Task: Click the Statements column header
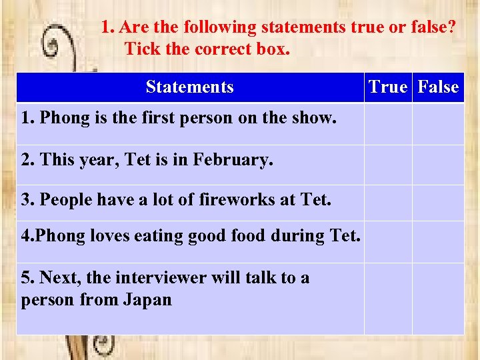[x=190, y=87]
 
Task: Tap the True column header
[x=388, y=87]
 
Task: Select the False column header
[x=438, y=87]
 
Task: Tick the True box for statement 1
[x=388, y=123]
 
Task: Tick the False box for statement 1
[x=438, y=123]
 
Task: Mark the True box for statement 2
[x=388, y=165]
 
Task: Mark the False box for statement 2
[x=438, y=165]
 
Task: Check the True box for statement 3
[x=388, y=203]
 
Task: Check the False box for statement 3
[x=438, y=203]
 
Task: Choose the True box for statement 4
[x=388, y=241]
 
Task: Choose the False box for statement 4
[x=438, y=241]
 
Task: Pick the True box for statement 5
[x=388, y=298]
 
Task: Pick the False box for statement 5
[x=438, y=298]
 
